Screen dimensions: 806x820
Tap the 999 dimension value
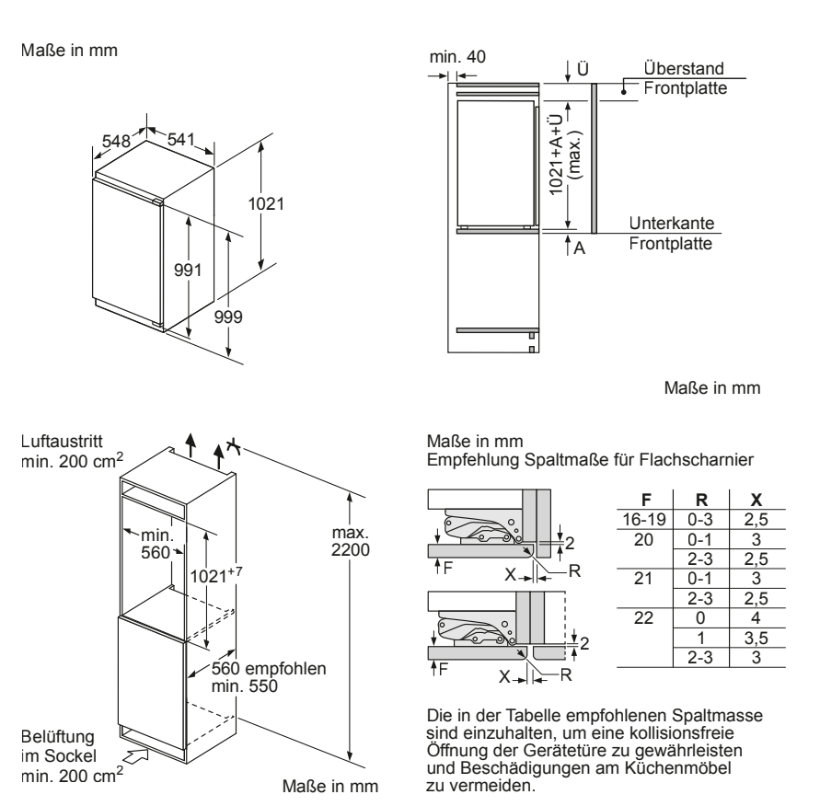click(227, 317)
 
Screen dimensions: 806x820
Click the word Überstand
click(683, 69)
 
